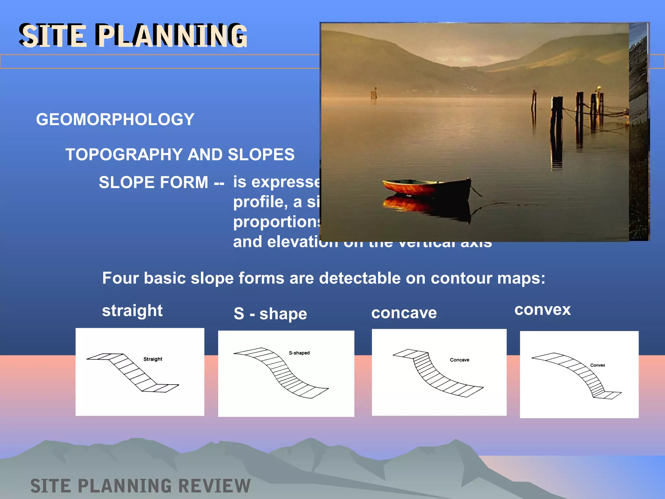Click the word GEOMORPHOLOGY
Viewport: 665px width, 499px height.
coord(115,120)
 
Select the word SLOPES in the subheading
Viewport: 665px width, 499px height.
coord(261,155)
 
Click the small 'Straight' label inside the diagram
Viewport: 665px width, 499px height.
coord(153,359)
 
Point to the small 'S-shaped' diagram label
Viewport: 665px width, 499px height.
coord(299,353)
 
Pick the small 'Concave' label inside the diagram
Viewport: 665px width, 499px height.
coord(459,360)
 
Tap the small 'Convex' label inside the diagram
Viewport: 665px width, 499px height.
coord(597,365)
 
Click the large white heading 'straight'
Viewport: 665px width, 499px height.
coord(132,311)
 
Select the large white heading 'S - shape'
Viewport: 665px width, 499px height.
coord(270,314)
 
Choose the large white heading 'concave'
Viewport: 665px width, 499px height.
coord(404,313)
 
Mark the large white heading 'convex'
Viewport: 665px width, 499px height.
coord(542,310)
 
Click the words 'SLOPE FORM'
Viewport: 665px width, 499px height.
coord(153,182)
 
